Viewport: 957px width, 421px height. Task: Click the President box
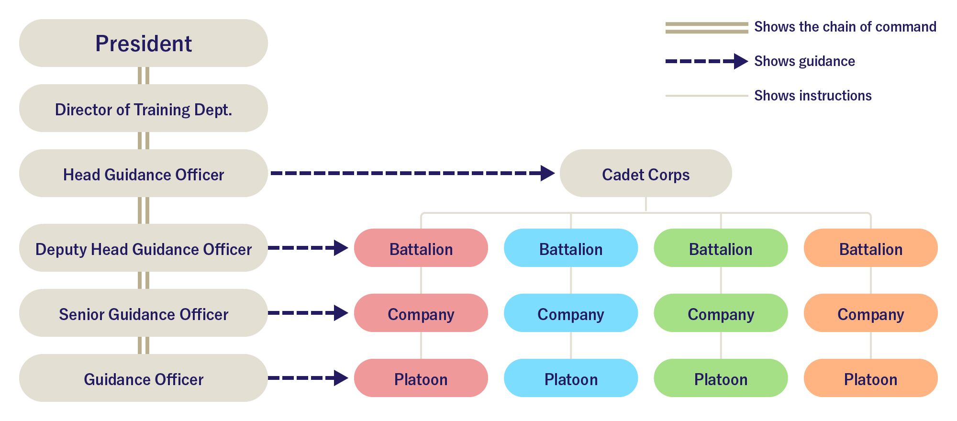144,43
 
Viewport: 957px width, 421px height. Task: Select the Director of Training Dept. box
144,109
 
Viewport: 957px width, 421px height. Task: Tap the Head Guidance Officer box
144,174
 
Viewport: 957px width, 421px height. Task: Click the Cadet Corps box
645,174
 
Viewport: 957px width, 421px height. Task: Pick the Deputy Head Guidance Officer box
144,248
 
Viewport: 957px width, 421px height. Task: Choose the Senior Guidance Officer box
144,313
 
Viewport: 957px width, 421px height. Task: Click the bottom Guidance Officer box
144,378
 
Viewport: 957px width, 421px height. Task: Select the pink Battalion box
421,248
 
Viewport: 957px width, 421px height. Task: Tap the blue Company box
570,313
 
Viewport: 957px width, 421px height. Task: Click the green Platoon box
721,378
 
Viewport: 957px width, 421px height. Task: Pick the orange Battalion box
870,248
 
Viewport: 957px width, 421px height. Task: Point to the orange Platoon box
870,378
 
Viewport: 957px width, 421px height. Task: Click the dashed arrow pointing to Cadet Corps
412,173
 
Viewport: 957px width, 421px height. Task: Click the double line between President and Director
144,76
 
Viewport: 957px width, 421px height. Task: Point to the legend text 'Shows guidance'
804,61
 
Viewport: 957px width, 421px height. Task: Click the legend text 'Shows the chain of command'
845,27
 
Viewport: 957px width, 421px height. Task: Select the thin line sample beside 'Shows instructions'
706,96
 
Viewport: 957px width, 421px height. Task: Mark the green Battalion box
721,248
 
